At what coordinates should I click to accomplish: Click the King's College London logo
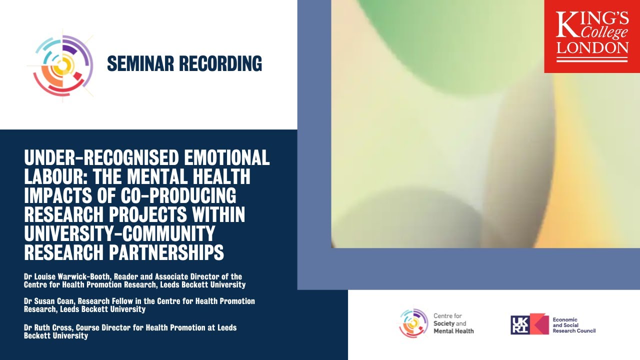pyautogui.click(x=592, y=36)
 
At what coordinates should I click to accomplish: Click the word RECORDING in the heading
pyautogui.click(x=220, y=63)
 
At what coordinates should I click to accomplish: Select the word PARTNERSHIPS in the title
pyautogui.click(x=167, y=253)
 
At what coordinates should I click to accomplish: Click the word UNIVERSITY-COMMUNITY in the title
pyautogui.click(x=119, y=234)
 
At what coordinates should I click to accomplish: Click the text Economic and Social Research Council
pyautogui.click(x=574, y=324)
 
